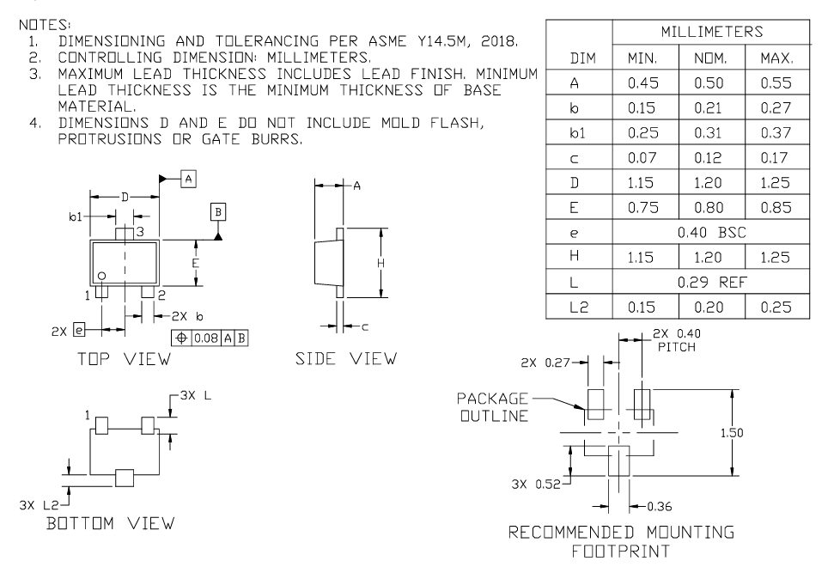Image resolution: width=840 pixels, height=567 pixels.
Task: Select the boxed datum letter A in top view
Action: (189, 178)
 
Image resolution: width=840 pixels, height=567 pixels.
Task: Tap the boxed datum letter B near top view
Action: (218, 212)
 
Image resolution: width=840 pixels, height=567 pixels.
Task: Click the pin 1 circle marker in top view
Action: (101, 276)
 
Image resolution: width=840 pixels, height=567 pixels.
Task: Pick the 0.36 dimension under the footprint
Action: (658, 503)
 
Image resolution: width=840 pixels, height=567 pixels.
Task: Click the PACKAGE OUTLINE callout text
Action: (496, 406)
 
